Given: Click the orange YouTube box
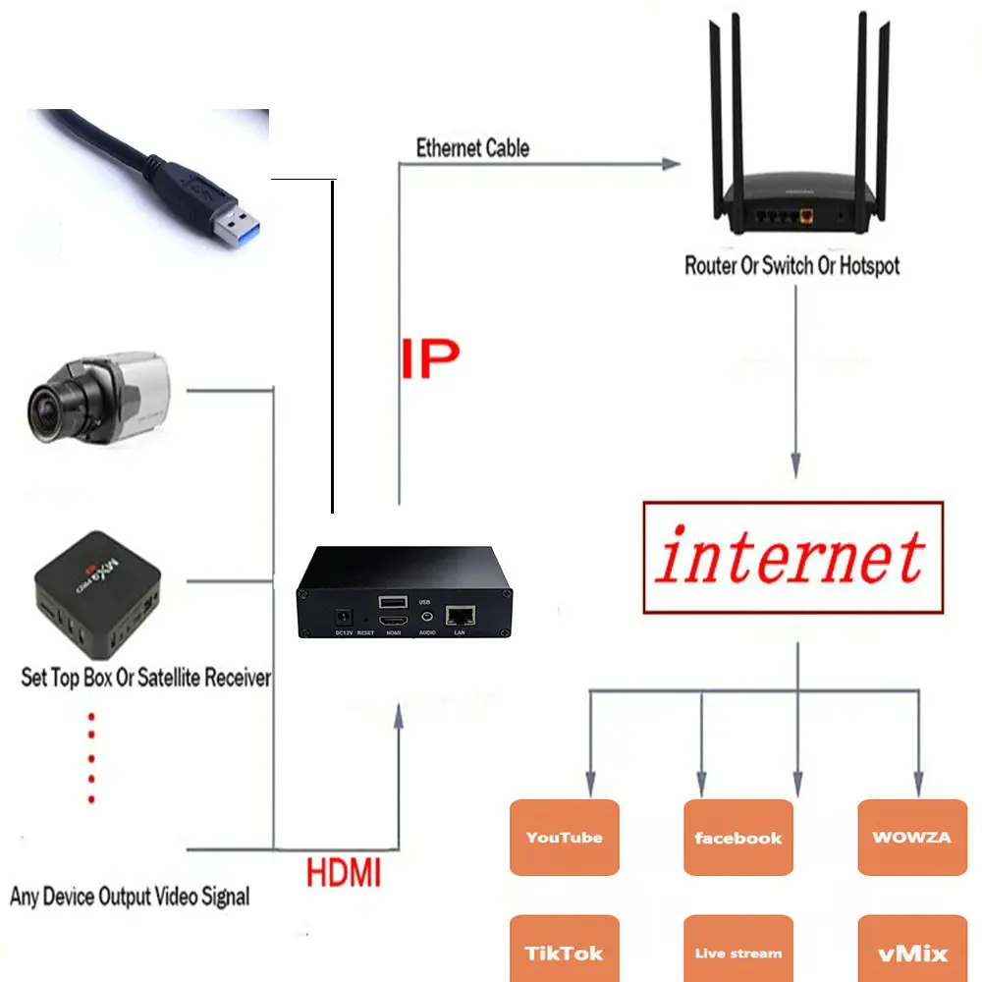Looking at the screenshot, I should [564, 837].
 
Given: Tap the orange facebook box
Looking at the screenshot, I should [737, 837].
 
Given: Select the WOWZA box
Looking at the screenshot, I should [911, 837].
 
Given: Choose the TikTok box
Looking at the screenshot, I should [564, 951].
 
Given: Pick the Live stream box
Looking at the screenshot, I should [737, 951].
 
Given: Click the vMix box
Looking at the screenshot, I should [911, 951].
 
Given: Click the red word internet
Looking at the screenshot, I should [791, 557].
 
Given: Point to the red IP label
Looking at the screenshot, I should [429, 360].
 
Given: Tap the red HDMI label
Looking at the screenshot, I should [343, 872].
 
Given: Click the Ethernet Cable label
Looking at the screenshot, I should [472, 148].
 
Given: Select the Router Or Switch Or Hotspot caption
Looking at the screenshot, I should [791, 265].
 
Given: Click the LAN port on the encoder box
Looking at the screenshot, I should [461, 616].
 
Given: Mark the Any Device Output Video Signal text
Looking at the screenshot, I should [130, 896].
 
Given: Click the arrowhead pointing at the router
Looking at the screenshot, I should [671, 164].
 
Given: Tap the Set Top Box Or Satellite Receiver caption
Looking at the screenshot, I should [145, 678].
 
